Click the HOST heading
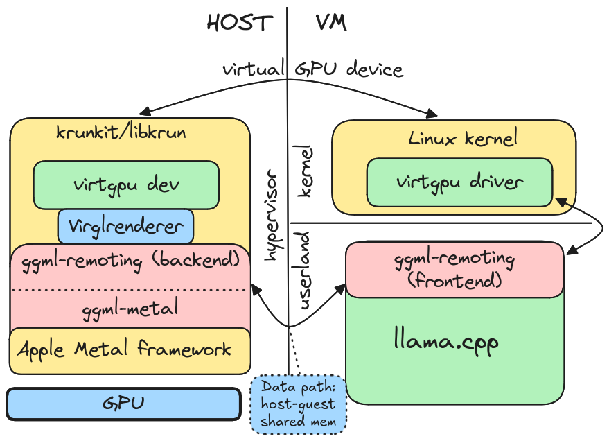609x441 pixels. (240, 23)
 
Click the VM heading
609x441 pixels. (330, 23)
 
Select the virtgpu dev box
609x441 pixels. (126, 185)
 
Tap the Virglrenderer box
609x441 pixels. (125, 226)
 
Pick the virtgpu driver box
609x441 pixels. (459, 182)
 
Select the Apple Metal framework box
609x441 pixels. (130, 349)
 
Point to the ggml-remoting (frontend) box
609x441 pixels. (455, 270)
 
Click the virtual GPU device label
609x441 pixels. (312, 69)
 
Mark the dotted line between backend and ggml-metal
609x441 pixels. (130, 290)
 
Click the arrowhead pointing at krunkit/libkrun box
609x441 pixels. (143, 113)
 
